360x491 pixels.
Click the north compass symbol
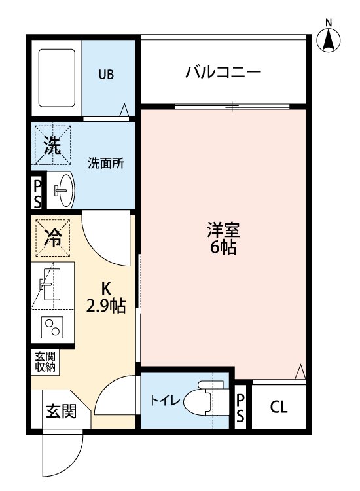point(330,39)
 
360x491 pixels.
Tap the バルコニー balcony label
point(223,71)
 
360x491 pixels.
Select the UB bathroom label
point(106,75)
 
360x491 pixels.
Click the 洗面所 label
point(107,164)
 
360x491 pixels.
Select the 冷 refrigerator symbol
point(52,238)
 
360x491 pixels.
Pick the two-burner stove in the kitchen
point(51,327)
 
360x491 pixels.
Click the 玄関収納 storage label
point(46,362)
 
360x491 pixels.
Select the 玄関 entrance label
point(60,411)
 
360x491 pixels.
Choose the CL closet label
point(279,407)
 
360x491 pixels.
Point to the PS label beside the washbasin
point(37,193)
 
